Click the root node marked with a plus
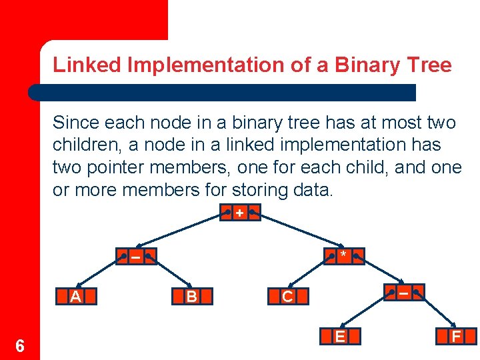click(x=239, y=213)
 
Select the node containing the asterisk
click(x=343, y=256)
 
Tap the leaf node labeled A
click(x=77, y=297)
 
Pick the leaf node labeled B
click(x=192, y=297)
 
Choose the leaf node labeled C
click(x=287, y=297)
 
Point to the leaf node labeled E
click(x=340, y=337)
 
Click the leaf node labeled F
click(x=456, y=337)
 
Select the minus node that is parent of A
click(x=135, y=256)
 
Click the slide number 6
click(x=20, y=346)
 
